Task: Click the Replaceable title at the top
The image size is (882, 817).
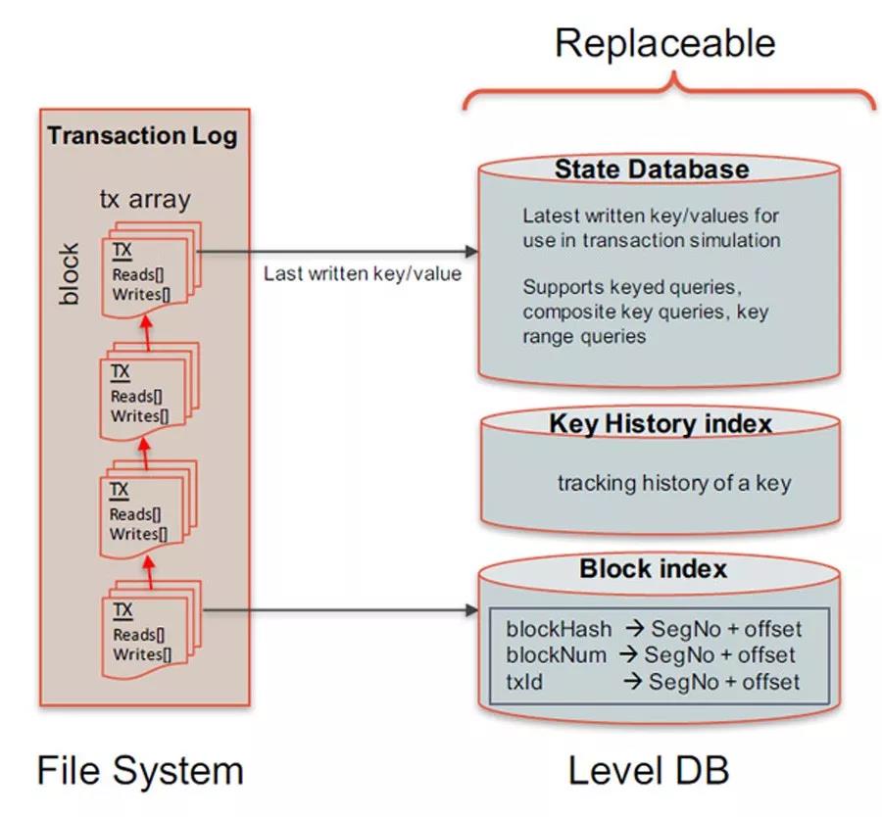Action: click(665, 44)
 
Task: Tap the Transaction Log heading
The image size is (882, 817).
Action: click(143, 135)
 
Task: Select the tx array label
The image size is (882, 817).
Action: click(145, 200)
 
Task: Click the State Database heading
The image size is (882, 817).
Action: click(652, 169)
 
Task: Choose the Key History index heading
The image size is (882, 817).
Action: click(661, 424)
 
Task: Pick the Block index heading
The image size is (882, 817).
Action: click(653, 569)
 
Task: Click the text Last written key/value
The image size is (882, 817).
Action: click(362, 274)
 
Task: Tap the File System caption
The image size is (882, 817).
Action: click(140, 770)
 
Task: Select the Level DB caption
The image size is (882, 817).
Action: click(648, 770)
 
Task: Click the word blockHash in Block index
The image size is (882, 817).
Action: click(559, 629)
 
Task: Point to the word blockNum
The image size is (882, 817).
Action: click(557, 654)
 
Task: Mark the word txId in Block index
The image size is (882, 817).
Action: click(525, 681)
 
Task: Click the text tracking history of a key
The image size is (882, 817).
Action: click(674, 483)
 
